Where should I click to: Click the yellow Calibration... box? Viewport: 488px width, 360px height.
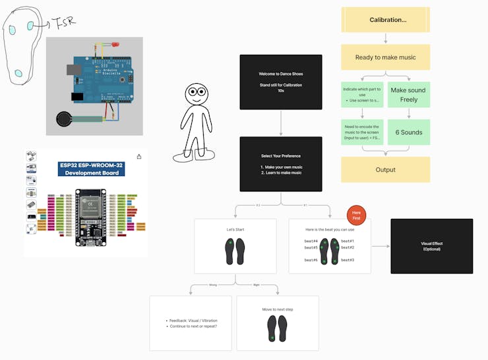(x=386, y=20)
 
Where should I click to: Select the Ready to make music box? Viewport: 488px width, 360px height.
(x=386, y=57)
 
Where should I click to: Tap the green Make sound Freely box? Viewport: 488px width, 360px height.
(x=408, y=95)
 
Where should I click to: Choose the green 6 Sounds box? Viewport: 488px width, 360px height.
(x=408, y=133)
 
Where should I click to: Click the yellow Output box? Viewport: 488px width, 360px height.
(x=386, y=169)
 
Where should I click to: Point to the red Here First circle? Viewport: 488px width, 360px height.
(x=356, y=216)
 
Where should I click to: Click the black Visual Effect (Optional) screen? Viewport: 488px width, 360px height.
(x=432, y=246)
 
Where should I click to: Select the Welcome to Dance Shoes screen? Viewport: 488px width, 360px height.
(x=281, y=82)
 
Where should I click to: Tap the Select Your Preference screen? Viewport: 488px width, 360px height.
(x=281, y=164)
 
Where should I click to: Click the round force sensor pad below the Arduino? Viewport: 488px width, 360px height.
(x=64, y=120)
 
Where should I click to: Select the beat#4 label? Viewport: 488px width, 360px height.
(x=311, y=241)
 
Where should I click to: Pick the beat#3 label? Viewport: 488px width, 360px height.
(x=348, y=260)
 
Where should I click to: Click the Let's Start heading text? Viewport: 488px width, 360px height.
(x=235, y=229)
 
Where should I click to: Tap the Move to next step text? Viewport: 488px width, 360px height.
(x=277, y=309)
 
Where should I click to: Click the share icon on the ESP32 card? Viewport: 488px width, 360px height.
(x=139, y=157)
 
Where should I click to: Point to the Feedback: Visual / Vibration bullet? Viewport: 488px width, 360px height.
(x=192, y=320)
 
